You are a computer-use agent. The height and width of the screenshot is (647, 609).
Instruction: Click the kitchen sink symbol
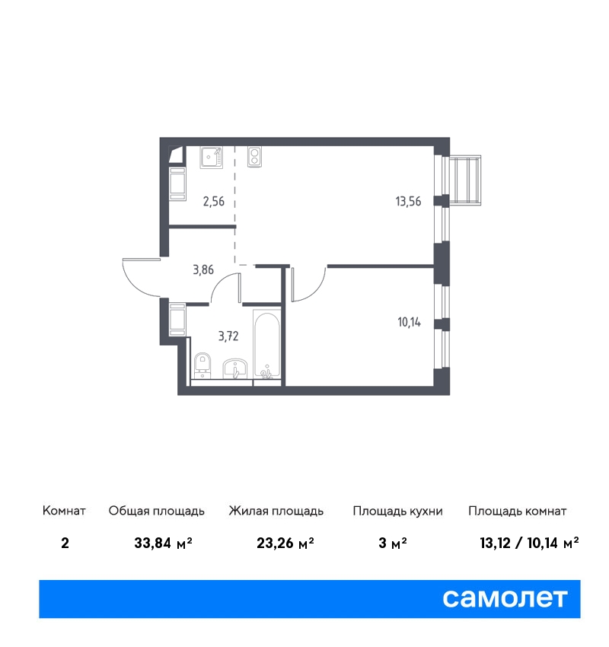tap(212, 158)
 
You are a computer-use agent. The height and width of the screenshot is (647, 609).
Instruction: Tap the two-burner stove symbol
tap(254, 157)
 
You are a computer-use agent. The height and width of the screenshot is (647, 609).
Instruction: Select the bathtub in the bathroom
tap(267, 345)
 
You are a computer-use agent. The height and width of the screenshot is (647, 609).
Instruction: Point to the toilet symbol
tap(202, 365)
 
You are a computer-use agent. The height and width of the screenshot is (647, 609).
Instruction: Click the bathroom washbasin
tap(235, 368)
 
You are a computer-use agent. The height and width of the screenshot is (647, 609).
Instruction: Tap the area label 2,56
tap(214, 202)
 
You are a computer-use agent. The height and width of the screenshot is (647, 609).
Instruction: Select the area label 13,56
tap(408, 202)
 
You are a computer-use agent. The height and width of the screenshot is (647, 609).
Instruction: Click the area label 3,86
tap(203, 270)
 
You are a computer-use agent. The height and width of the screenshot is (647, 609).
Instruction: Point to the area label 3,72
tap(228, 336)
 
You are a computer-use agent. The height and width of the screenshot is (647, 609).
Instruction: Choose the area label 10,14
tap(409, 322)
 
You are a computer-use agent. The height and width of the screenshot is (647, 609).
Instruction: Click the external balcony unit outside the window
tap(465, 180)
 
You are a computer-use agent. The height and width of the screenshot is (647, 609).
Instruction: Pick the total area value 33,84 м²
tap(164, 543)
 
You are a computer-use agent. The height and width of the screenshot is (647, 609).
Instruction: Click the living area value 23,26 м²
tap(285, 543)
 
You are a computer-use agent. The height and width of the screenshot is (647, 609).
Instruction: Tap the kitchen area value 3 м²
tap(393, 543)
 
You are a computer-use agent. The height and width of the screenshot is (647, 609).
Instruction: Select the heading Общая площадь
tap(156, 511)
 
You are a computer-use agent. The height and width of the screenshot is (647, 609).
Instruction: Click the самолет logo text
tap(505, 598)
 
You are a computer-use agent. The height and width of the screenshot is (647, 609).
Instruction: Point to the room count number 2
tap(65, 543)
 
